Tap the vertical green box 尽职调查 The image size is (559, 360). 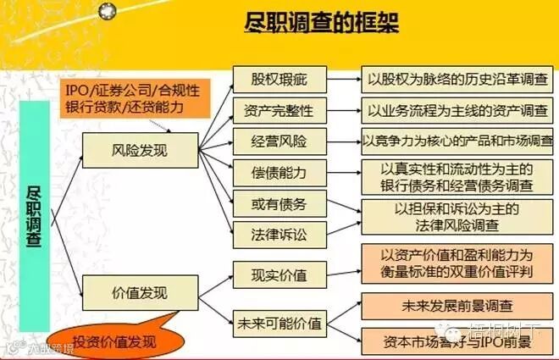tap(36, 216)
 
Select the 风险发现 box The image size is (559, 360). tap(139, 150)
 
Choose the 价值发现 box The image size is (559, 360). tap(139, 293)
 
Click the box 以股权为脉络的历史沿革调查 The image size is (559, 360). tap(457, 80)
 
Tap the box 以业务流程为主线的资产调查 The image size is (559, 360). tap(457, 110)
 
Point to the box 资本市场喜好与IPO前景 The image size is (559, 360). tap(457, 340)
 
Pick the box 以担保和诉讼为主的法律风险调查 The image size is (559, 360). tap(457, 216)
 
